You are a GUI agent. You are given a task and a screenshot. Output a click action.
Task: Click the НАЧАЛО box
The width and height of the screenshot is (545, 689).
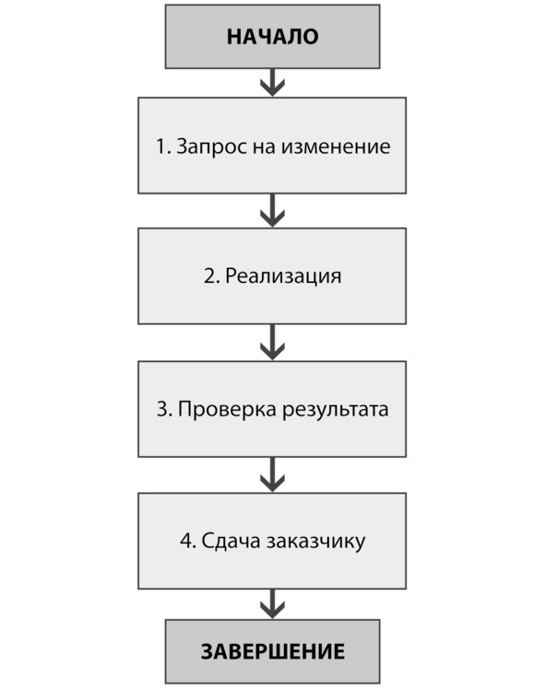click(272, 37)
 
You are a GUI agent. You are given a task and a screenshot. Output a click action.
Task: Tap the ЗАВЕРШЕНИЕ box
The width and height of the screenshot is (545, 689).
click(272, 651)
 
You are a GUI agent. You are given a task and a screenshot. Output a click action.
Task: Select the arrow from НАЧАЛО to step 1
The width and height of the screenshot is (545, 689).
click(272, 83)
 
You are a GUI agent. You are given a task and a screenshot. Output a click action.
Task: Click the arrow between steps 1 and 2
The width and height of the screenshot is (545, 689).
click(272, 211)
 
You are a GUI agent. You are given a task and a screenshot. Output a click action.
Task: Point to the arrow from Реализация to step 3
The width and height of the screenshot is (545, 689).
click(272, 343)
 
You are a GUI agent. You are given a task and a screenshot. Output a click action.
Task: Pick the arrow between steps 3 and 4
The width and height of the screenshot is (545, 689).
click(272, 474)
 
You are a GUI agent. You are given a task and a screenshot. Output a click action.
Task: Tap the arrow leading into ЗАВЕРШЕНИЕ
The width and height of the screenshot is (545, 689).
click(272, 604)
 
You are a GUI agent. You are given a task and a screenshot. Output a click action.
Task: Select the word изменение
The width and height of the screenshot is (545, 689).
click(336, 146)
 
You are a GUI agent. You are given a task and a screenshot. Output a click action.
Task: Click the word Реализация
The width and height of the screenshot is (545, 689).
click(283, 276)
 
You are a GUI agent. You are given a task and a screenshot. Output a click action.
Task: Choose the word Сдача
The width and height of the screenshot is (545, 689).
click(231, 542)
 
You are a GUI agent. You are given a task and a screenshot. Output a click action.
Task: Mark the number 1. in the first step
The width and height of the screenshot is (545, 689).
click(163, 146)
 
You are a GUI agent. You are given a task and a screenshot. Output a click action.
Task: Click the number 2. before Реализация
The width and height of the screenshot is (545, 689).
click(211, 276)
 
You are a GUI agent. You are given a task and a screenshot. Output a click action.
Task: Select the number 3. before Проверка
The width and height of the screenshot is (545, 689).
click(164, 410)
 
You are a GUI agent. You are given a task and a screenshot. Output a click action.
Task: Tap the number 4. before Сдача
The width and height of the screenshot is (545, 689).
click(188, 541)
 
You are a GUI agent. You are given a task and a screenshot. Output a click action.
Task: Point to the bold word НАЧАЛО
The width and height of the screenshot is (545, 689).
click(272, 37)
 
